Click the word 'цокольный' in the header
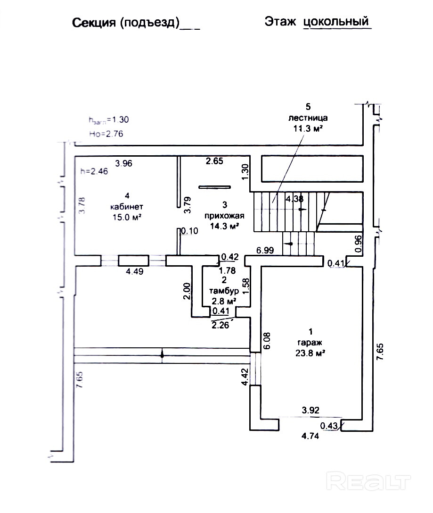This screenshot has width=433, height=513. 336,22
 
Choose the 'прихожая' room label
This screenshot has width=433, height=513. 224,216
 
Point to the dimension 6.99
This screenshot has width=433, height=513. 266,250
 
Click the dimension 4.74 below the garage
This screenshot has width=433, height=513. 310,436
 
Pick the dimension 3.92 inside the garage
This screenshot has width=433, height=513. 311,411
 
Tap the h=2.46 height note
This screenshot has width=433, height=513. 95,172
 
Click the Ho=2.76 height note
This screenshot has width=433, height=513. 106,134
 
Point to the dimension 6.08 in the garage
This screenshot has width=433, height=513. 268,340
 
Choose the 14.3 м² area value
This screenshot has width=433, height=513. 224,226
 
